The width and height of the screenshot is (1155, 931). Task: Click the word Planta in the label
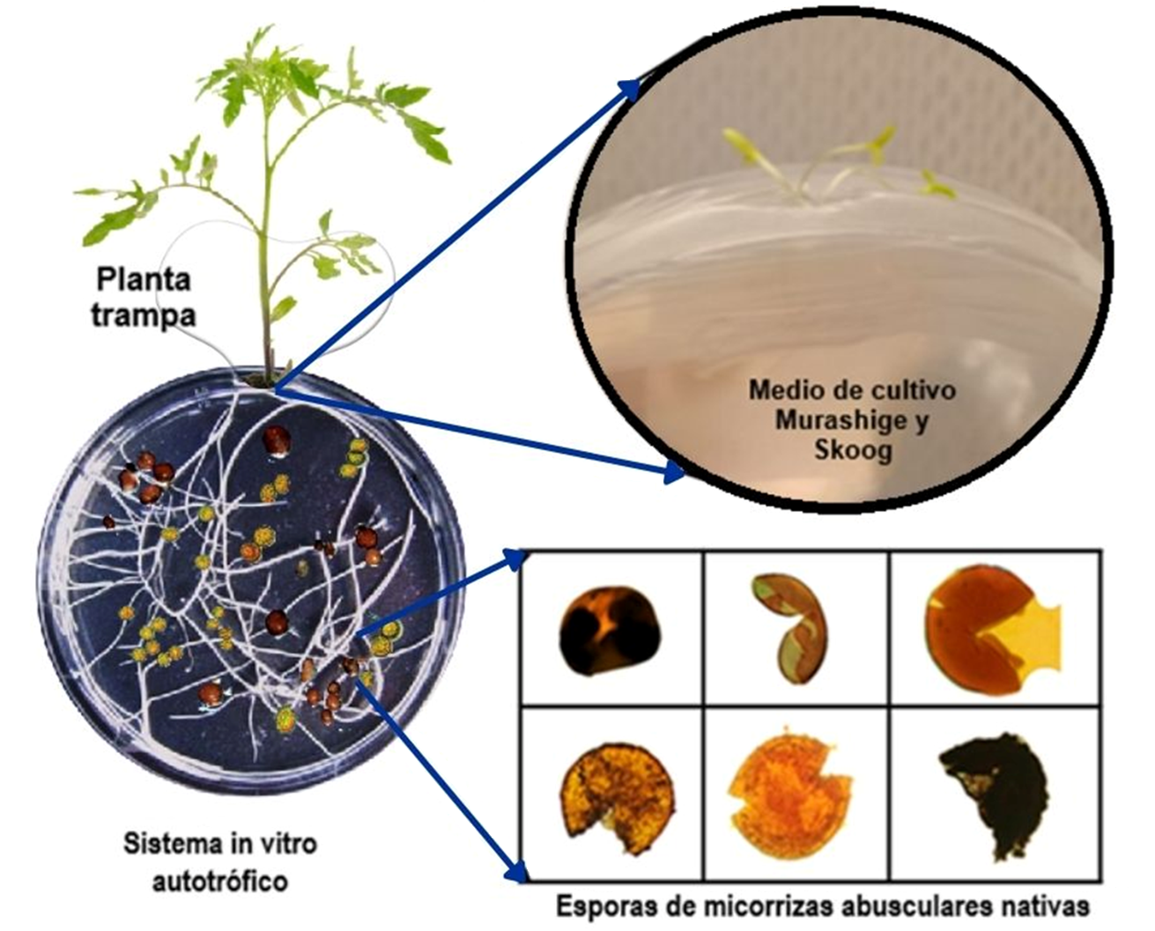click(x=143, y=280)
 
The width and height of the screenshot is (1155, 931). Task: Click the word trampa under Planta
click(x=143, y=314)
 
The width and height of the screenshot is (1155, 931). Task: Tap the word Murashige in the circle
click(x=851, y=420)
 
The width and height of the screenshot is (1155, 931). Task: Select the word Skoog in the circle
click(x=852, y=450)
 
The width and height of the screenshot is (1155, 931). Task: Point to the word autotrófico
click(x=219, y=880)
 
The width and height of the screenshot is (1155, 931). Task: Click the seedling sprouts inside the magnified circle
click(x=837, y=167)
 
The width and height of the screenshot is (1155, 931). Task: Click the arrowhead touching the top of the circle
click(x=630, y=87)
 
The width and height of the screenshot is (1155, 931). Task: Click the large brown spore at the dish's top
click(x=277, y=440)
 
